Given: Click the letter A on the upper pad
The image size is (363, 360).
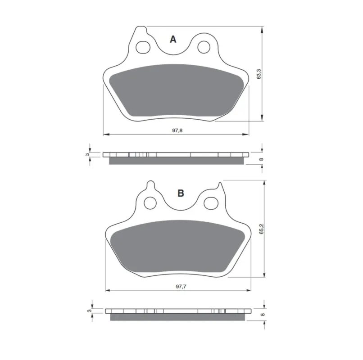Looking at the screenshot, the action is click(x=173, y=39).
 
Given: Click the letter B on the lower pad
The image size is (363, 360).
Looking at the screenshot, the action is click(x=181, y=193).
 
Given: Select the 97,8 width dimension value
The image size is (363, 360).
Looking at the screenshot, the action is click(x=177, y=130).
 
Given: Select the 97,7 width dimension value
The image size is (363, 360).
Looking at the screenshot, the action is click(x=181, y=287).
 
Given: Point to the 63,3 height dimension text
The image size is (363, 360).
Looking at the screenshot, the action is click(x=259, y=74).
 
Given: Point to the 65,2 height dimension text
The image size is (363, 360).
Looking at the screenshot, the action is click(x=262, y=229).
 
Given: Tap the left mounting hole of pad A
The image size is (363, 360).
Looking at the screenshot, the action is click(x=143, y=47).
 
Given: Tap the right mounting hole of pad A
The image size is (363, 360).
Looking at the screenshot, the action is click(x=204, y=47).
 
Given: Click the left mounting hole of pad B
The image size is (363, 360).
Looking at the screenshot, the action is click(x=150, y=203).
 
